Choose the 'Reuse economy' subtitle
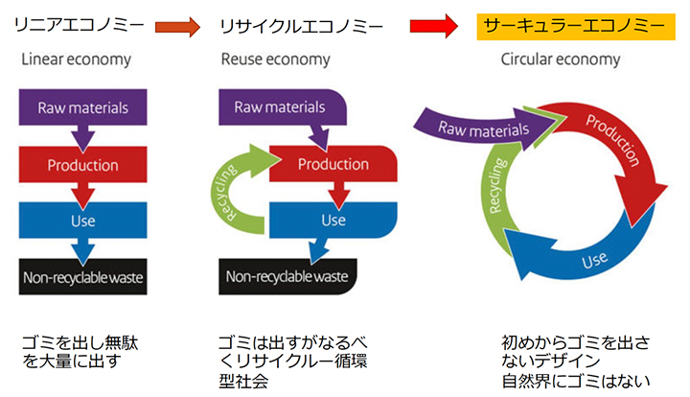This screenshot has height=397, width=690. [277, 59]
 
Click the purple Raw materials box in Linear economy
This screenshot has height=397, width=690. [82, 106]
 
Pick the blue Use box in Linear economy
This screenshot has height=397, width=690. [82, 220]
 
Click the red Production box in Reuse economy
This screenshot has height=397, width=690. [333, 164]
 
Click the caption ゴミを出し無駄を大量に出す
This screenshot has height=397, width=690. [86, 352]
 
